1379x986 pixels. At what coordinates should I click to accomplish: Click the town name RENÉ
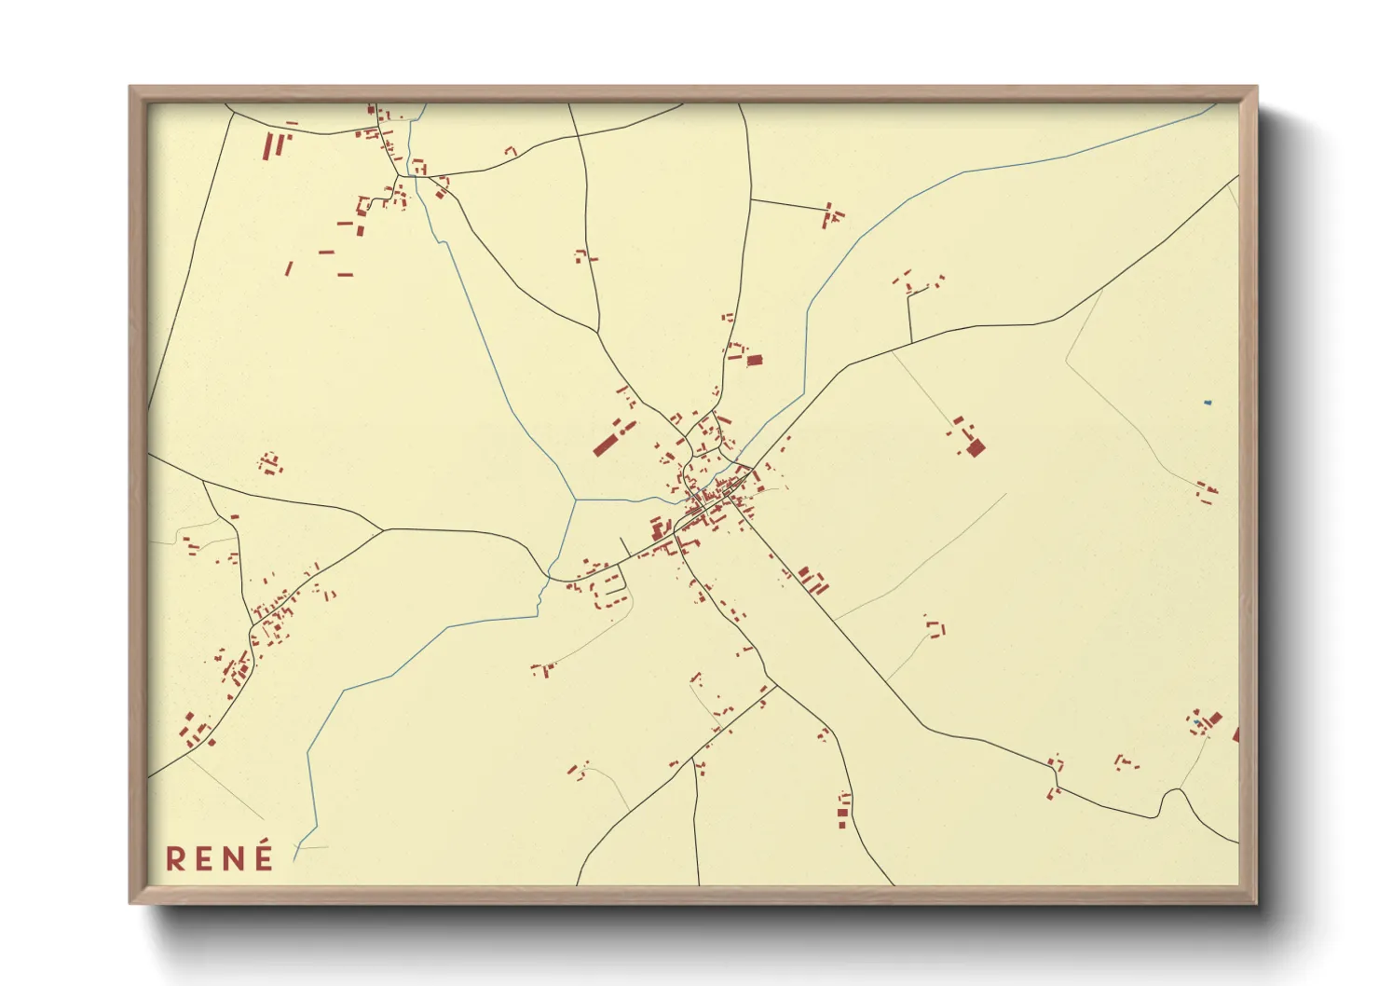220,857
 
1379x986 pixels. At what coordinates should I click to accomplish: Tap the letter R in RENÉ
175,858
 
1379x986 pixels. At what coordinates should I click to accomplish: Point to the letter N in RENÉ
236,858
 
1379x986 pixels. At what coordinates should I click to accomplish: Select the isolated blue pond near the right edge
1208,403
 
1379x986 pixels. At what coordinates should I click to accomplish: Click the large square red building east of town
976,447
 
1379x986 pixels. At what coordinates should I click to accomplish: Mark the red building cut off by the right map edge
1236,735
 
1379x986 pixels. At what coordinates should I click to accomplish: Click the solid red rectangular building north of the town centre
755,360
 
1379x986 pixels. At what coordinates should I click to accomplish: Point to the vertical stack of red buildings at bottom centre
843,810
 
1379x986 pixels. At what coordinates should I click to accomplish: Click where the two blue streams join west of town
575,500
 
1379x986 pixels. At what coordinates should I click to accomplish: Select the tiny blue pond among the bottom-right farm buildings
1197,722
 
